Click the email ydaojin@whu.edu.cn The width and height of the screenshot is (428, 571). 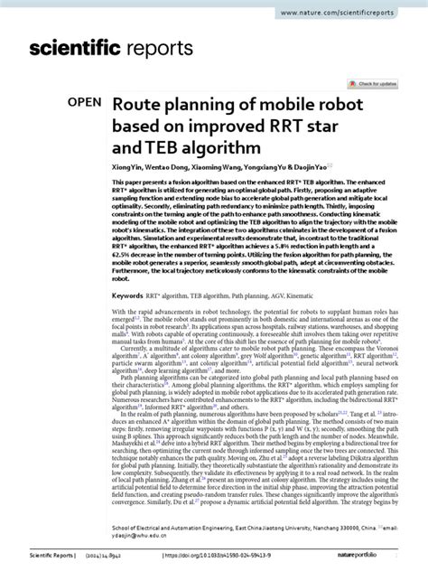(133, 532)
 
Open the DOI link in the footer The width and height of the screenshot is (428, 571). (215, 559)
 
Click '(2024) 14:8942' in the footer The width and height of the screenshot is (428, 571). (108, 559)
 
